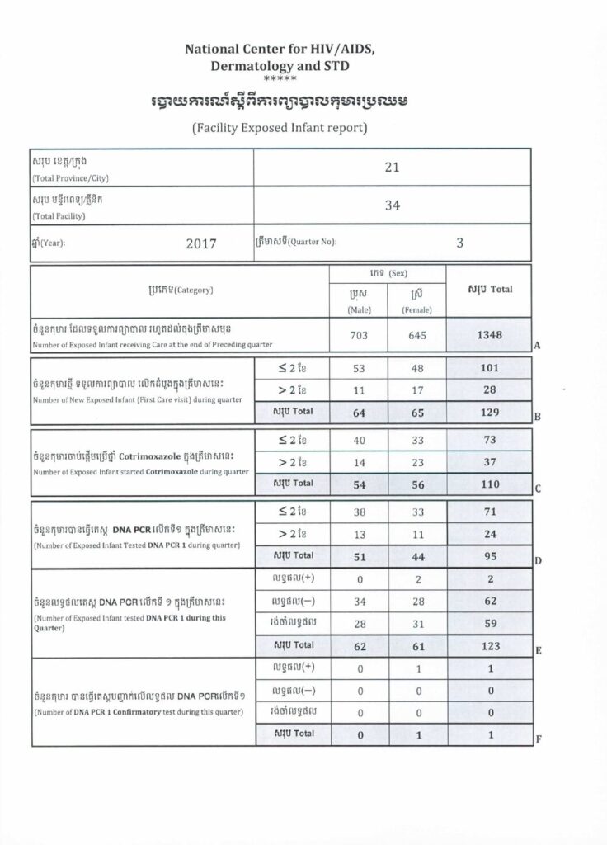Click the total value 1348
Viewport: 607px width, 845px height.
489,335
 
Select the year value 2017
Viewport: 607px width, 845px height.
200,243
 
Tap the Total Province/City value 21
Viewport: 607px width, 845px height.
392,168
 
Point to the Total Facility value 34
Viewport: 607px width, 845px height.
392,206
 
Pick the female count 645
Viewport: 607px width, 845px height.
417,335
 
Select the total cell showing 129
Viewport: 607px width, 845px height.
489,410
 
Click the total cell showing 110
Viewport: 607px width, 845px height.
489,484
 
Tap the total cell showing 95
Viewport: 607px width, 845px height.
489,556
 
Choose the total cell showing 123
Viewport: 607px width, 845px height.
489,644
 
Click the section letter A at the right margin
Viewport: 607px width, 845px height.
537,347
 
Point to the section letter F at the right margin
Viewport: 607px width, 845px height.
538,739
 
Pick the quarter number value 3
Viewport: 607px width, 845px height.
460,243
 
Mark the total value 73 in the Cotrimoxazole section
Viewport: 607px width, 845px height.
489,440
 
